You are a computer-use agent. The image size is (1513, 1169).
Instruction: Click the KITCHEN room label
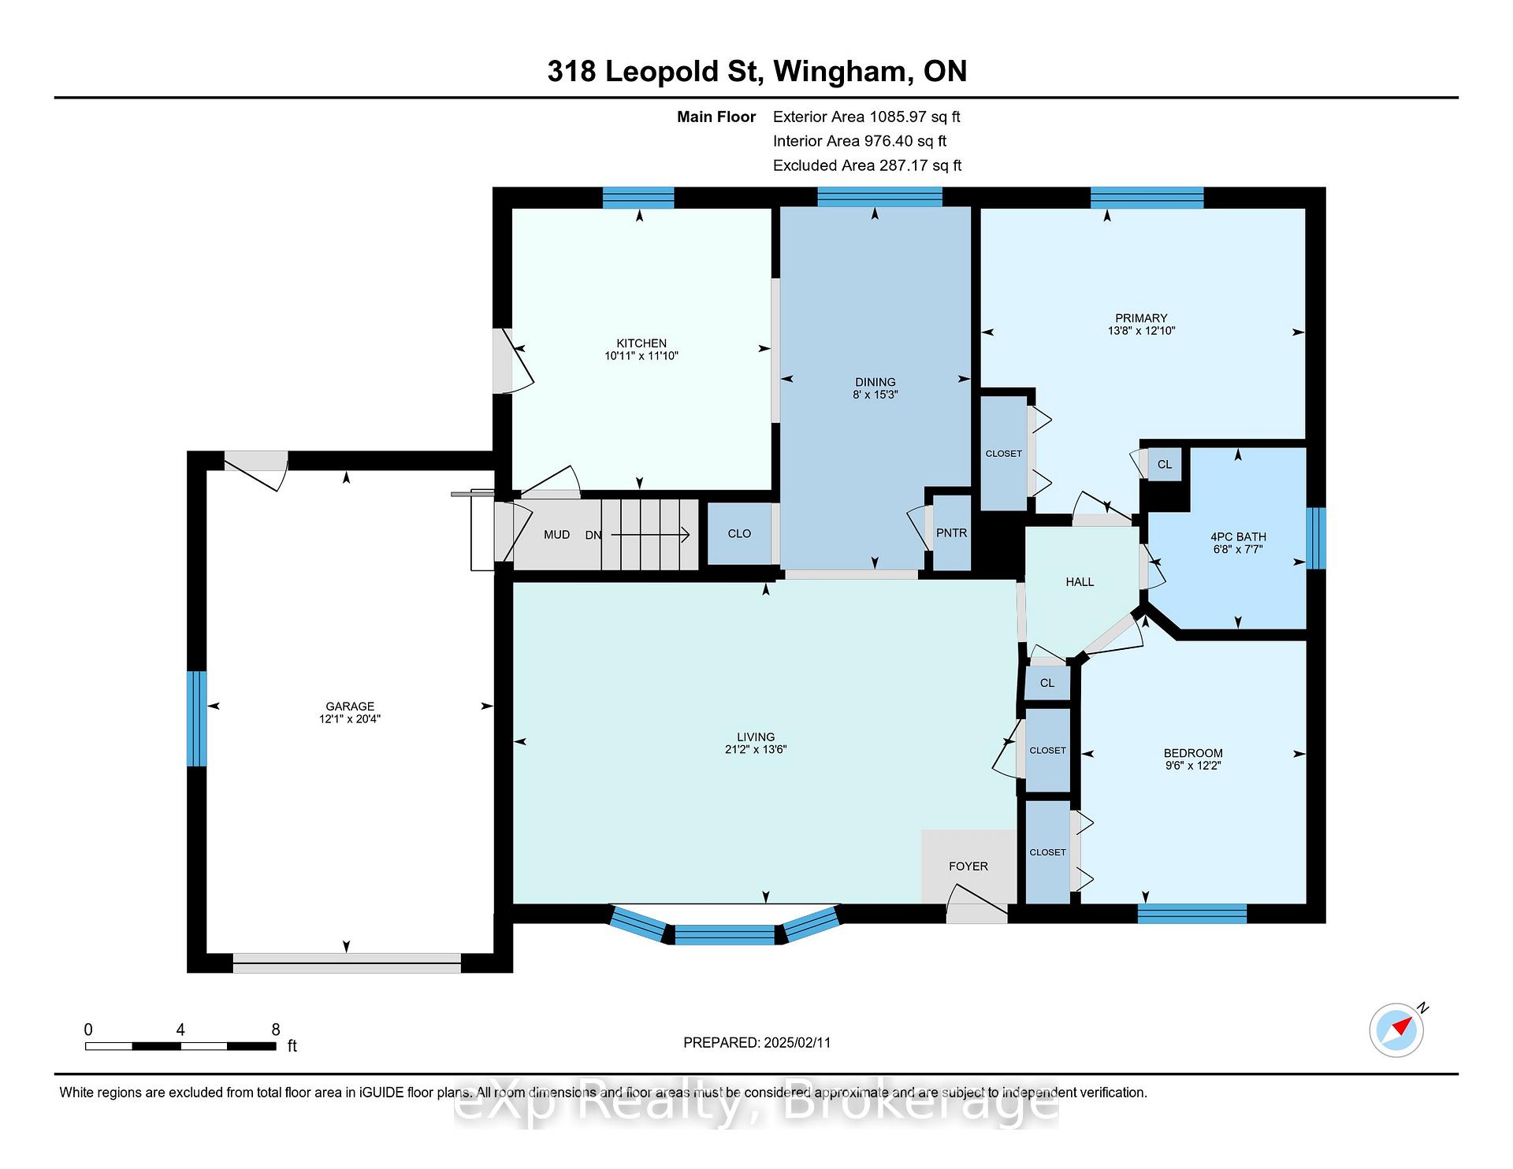click(641, 343)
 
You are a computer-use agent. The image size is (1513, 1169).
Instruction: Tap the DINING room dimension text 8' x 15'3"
click(875, 395)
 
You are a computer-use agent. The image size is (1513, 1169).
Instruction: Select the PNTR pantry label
click(951, 533)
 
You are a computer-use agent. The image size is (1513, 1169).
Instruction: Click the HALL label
click(1080, 582)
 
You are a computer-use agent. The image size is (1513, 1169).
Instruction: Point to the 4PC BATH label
click(1238, 537)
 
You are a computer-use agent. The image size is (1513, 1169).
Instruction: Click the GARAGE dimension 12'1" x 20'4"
click(350, 719)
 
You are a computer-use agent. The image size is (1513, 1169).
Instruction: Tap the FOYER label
click(968, 867)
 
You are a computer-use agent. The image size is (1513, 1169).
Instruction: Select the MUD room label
click(556, 535)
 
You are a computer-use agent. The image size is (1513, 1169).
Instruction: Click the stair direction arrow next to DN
click(650, 535)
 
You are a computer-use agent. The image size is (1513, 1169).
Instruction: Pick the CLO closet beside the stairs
click(739, 534)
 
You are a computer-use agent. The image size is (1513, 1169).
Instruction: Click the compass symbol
click(1397, 1029)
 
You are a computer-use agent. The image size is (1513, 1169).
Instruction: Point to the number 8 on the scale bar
click(276, 1030)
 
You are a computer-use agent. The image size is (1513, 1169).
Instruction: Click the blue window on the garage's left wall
click(196, 718)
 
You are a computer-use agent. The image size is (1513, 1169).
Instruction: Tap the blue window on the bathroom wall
click(1316, 538)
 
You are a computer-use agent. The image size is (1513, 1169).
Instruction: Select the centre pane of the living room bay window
click(725, 935)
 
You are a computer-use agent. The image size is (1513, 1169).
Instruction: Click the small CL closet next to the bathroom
click(1165, 465)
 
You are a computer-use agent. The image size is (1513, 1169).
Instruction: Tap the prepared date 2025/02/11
click(797, 1043)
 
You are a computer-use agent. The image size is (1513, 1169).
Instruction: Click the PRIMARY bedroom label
click(1141, 319)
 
